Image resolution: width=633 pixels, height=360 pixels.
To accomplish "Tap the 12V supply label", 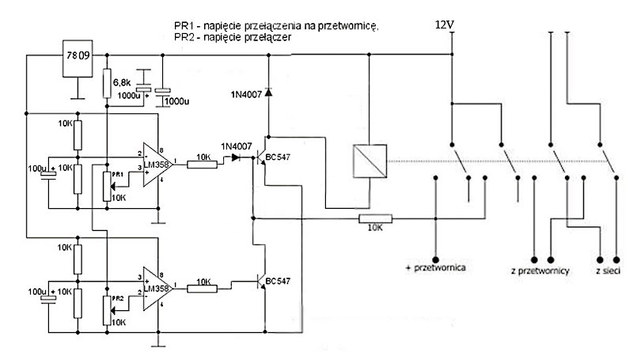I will pos(445,25).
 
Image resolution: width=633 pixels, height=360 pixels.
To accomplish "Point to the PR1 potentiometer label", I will pos(117,173).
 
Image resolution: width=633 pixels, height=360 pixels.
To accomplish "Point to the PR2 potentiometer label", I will pos(117,297).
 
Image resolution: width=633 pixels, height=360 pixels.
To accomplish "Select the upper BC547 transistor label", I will pos(281,157).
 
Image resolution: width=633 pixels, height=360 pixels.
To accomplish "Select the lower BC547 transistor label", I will pos(281,281).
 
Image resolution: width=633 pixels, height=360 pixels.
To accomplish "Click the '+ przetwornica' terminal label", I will pos(434,268).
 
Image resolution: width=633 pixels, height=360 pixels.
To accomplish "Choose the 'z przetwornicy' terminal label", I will pos(542,271).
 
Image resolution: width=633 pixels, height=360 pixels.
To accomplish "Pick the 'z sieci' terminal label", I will pos(608,271).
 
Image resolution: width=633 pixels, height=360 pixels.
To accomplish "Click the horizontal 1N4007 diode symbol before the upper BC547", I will pos(235,158).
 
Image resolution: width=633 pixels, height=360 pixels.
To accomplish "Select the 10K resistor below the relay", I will pos(377,219).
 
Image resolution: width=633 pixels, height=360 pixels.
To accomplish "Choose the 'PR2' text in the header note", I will pos(184,36).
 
